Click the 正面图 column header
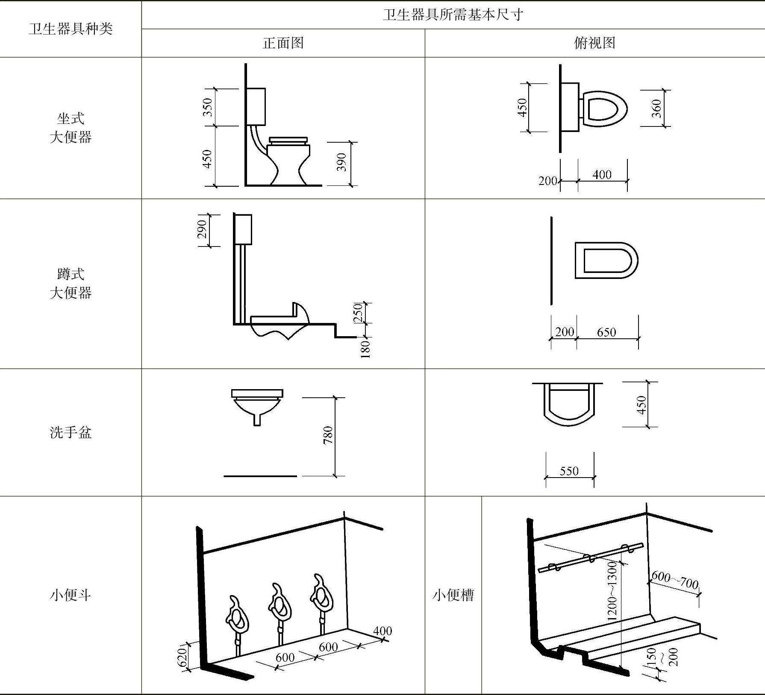coord(283,43)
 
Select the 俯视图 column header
coord(594,43)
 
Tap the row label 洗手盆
coord(71,432)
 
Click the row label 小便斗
coord(71,595)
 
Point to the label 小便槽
coord(453,595)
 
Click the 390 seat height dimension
coord(341,162)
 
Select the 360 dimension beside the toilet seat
coord(656,108)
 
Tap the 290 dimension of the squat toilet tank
coord(202,229)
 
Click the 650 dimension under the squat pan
coord(606,332)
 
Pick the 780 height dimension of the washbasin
coord(328,436)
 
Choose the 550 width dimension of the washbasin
coord(569,471)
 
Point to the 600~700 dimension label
coord(675,580)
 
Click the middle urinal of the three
coord(280,607)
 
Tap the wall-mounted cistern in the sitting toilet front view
coord(256,106)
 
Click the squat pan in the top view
coord(606,260)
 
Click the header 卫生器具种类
coord(71,29)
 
